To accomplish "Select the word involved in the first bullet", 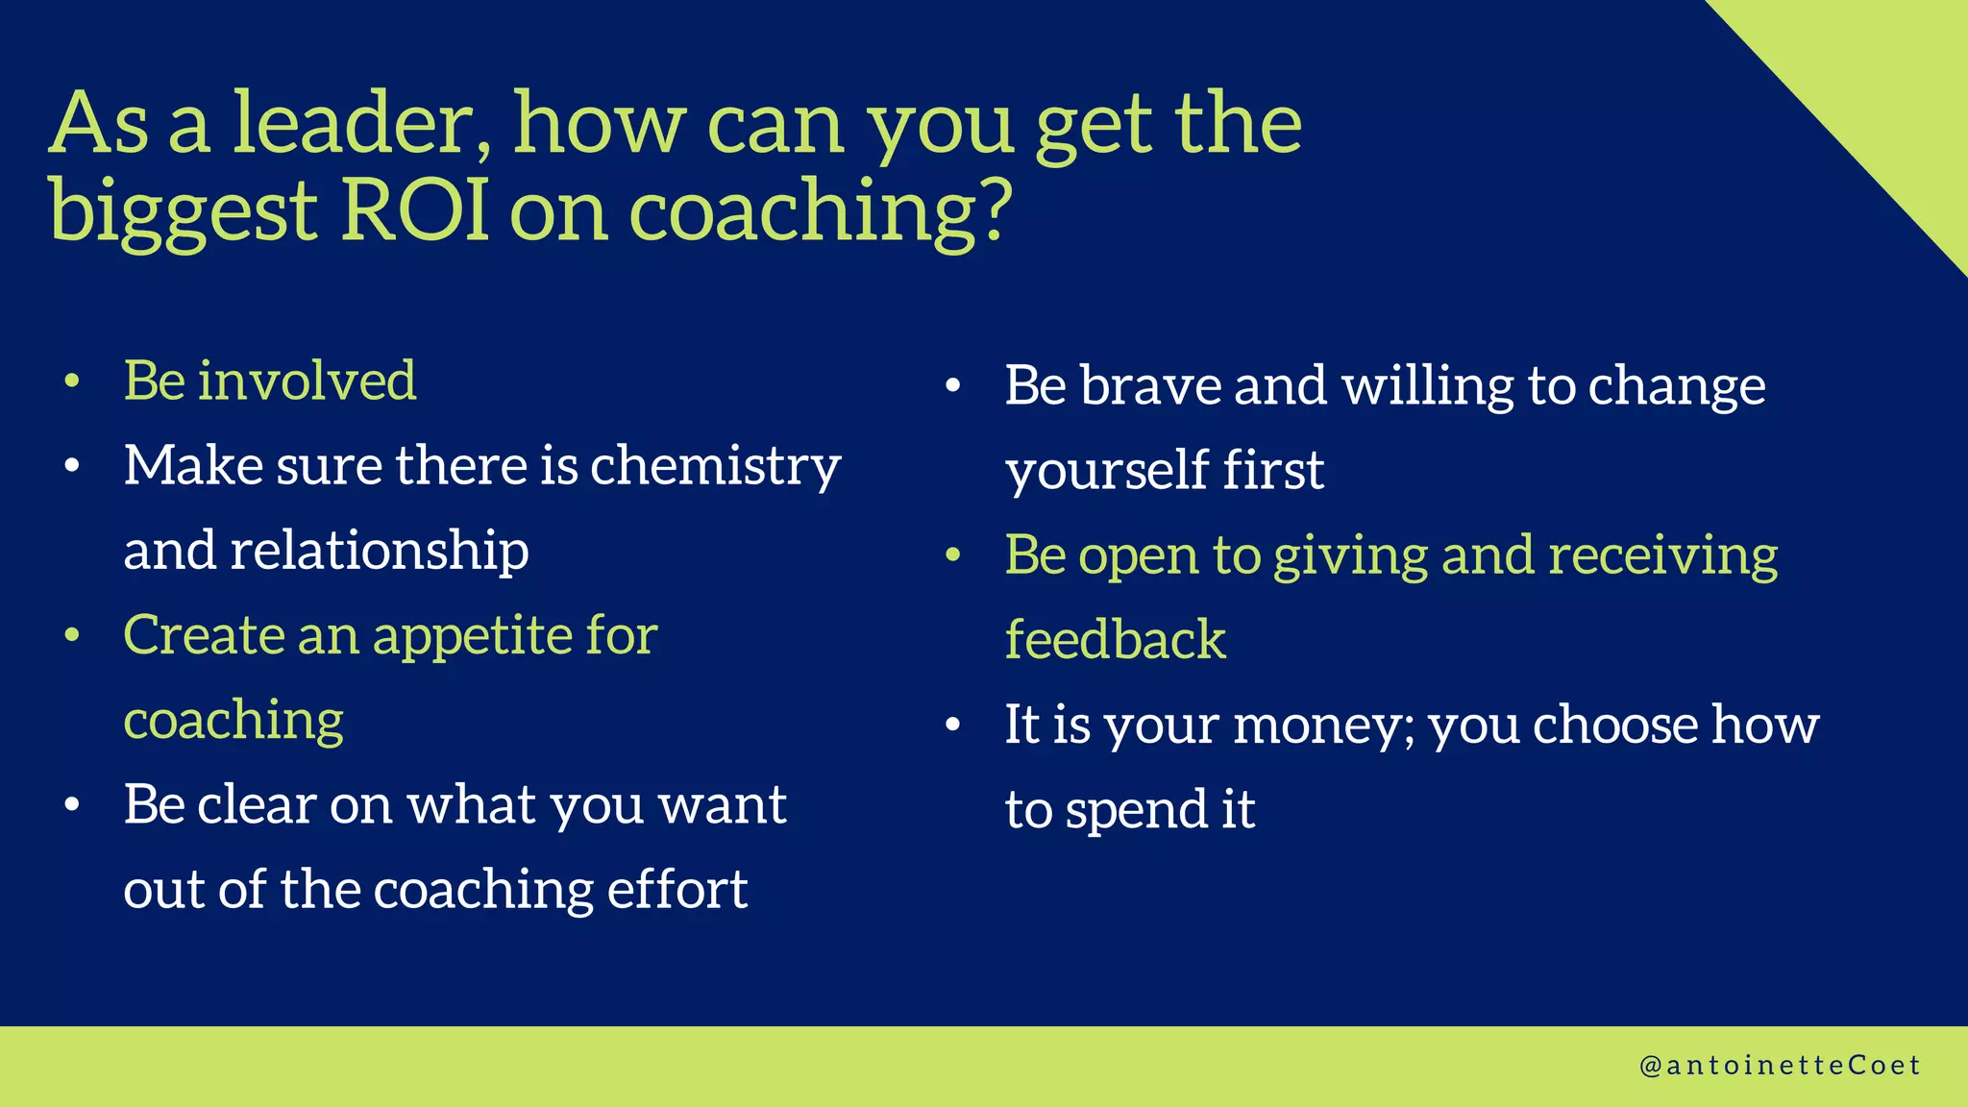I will point(307,381).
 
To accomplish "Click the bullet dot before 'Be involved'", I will point(72,382).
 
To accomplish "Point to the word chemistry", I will point(715,466).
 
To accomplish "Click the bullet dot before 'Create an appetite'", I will point(72,636).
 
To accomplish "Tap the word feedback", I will point(1115,640).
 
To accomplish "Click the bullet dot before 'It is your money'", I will point(952,726).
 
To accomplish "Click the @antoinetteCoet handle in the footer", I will point(1779,1066).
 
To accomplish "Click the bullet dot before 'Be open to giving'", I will point(952,555).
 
